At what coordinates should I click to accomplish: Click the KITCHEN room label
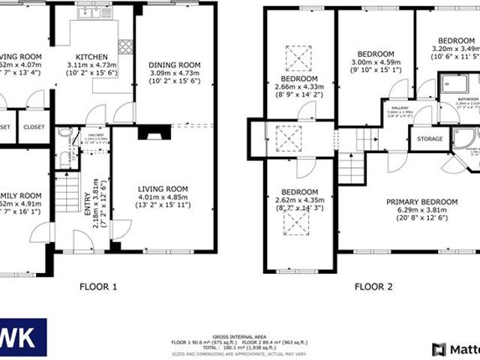point(91,57)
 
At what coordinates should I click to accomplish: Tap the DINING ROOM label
point(173,64)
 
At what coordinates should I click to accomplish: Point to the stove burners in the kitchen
point(124,46)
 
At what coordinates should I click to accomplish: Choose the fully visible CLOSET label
point(34,127)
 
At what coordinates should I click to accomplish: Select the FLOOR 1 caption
point(98,286)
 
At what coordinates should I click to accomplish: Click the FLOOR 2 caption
point(373,286)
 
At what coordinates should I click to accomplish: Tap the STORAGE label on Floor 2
point(430,139)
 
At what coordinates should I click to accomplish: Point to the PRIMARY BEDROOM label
point(421,202)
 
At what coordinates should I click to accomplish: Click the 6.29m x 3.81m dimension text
point(421,211)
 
